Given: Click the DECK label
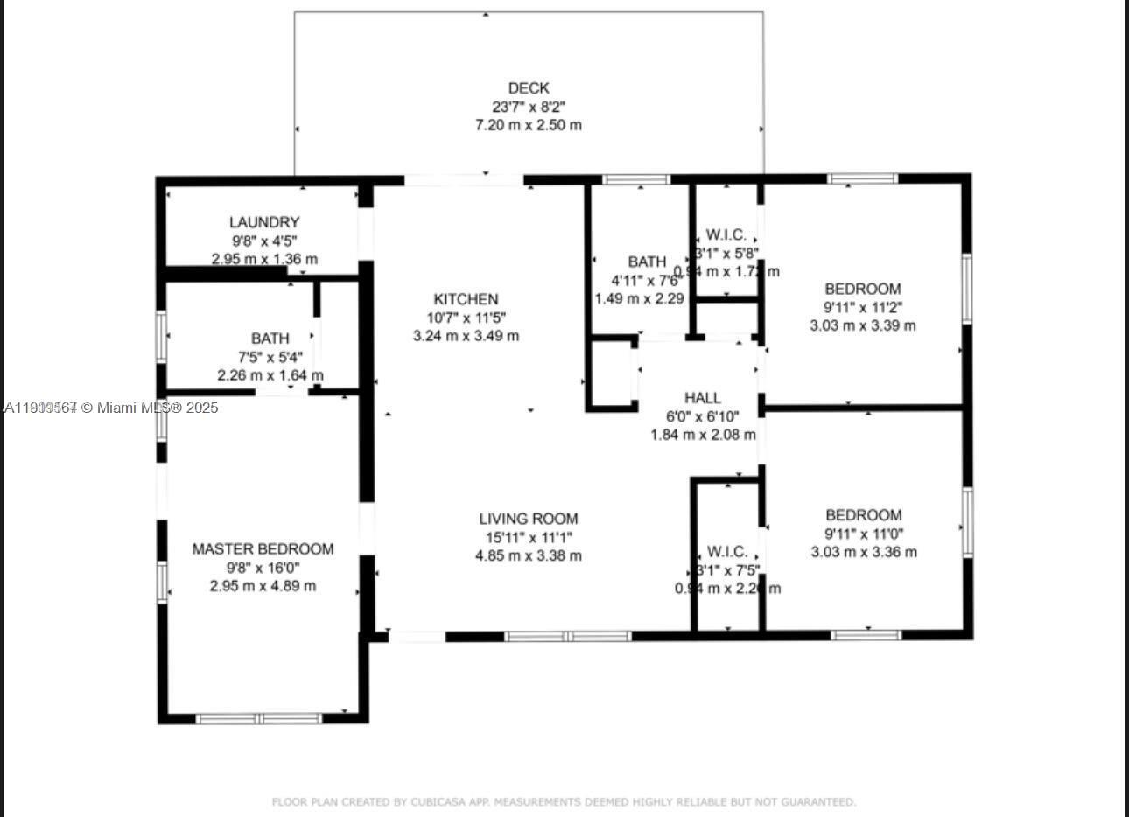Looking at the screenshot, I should click(x=529, y=87).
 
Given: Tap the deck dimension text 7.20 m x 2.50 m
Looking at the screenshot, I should click(x=529, y=125).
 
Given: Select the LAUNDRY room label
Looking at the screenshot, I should click(x=264, y=222).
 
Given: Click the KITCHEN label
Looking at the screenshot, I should click(x=466, y=299).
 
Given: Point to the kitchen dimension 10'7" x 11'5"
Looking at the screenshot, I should click(x=466, y=318).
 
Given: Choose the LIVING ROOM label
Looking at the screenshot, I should click(x=529, y=519).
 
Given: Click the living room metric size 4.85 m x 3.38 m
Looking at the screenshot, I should click(x=529, y=555).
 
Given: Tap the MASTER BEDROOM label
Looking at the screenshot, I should click(x=263, y=549).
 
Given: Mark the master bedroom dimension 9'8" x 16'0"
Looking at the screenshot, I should click(x=263, y=568).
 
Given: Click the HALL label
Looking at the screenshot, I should click(x=703, y=398).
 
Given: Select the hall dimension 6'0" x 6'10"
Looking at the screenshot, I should click(x=703, y=416).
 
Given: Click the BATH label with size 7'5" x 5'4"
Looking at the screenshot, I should click(x=270, y=338).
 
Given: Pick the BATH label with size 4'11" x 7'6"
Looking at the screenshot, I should click(x=647, y=262).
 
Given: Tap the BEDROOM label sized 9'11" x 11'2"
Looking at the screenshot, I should click(x=863, y=289).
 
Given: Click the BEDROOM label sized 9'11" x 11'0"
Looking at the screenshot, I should click(x=863, y=515).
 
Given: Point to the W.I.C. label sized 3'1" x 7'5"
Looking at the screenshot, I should click(x=727, y=551).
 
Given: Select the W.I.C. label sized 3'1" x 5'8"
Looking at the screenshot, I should click(x=726, y=234).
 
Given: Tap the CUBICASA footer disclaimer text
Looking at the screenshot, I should click(x=564, y=801).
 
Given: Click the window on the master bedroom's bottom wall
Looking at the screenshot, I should click(x=259, y=719).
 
